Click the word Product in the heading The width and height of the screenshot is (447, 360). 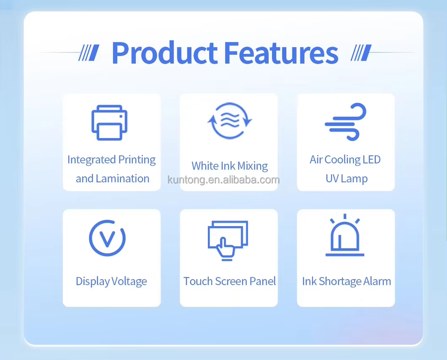tap(164, 53)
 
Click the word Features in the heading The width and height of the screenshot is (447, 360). tap(281, 53)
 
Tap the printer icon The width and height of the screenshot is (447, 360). tap(109, 122)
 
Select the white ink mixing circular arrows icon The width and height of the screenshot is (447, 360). tap(230, 121)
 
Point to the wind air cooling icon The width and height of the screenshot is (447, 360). tap(345, 121)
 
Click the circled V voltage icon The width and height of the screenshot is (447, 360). tap(107, 238)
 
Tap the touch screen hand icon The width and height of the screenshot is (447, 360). tap(228, 240)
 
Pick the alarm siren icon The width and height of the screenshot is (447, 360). tap(345, 235)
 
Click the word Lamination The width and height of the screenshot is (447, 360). tap(122, 179)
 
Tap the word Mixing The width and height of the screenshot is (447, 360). tap(252, 166)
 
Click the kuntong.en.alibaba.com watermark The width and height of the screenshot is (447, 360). tap(223, 180)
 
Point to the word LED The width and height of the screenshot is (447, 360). tap(372, 160)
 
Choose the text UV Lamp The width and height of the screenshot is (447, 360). tap(346, 179)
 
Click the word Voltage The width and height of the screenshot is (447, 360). tap(129, 281)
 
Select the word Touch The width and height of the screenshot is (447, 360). tap(198, 281)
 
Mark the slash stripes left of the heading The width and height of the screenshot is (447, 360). tap(89, 53)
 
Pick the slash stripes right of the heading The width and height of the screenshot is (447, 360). tap(361, 53)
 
